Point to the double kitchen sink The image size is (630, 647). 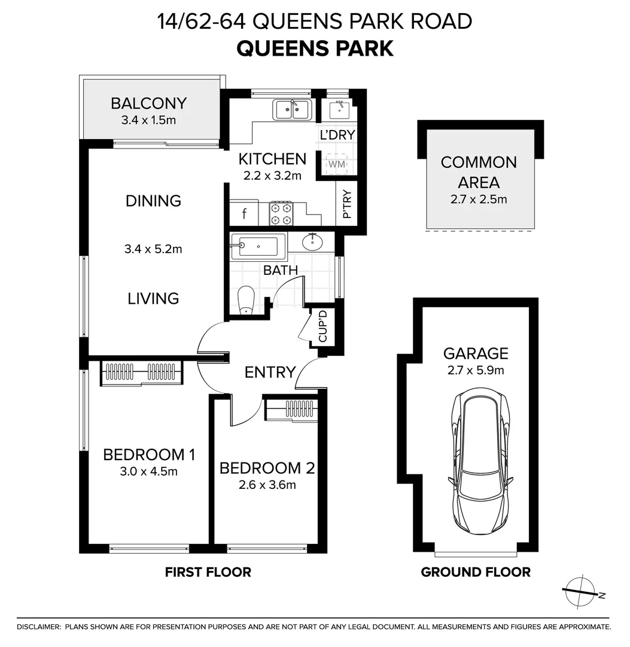(291, 110)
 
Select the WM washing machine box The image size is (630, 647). (334, 163)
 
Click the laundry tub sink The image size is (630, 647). (339, 110)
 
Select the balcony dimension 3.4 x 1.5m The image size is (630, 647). (148, 120)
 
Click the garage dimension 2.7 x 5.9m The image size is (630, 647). (476, 370)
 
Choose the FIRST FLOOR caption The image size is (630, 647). (208, 572)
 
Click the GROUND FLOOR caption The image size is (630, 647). (476, 572)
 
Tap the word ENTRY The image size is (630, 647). (270, 373)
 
